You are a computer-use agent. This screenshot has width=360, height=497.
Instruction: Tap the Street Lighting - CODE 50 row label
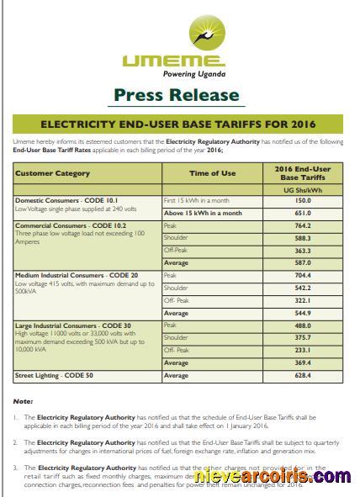pos(56,376)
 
